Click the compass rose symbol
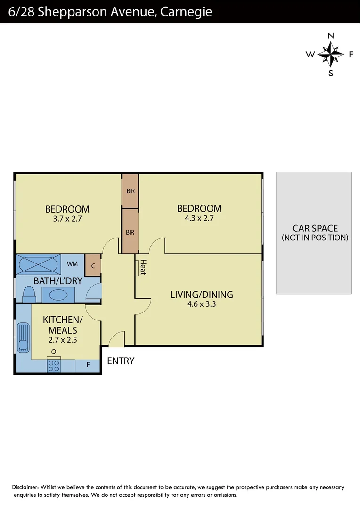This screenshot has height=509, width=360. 330,54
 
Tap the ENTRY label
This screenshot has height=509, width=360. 121,361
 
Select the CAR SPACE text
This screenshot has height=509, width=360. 315,229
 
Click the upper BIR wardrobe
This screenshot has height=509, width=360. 130,191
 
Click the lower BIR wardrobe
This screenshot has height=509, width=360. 130,232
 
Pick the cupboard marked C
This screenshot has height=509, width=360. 93,266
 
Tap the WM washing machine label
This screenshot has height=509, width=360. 72,264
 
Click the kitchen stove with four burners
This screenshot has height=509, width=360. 54,365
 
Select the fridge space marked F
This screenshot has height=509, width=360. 88,365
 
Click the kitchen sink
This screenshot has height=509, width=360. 23,337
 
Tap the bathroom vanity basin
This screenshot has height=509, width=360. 59,295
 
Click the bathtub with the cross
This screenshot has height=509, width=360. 39,264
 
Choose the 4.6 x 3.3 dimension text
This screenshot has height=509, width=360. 202,304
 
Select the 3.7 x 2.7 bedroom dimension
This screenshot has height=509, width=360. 67,219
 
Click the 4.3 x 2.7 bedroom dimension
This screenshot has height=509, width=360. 199,218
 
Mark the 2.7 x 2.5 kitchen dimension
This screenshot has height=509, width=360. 63,339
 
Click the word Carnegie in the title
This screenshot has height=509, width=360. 186,12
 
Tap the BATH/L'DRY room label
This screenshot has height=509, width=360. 58,281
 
